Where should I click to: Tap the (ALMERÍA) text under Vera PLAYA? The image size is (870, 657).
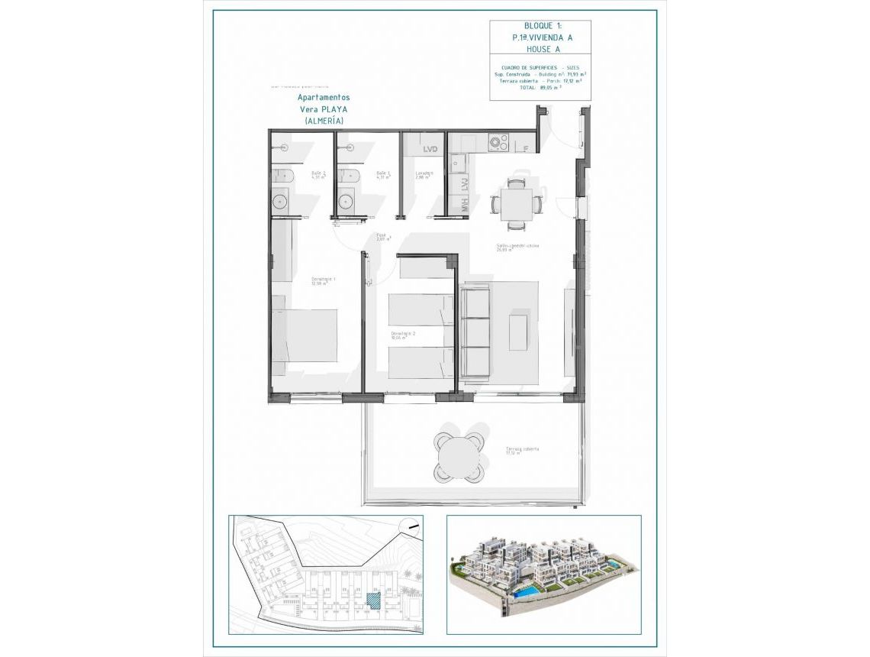click(x=324, y=121)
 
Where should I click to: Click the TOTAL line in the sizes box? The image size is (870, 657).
click(x=540, y=87)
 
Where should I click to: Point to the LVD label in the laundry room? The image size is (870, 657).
click(x=430, y=149)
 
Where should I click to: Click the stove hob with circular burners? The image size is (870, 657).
click(x=499, y=142)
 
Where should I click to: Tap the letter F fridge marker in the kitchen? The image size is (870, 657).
click(x=526, y=148)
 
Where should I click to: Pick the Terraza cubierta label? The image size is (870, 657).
click(x=522, y=450)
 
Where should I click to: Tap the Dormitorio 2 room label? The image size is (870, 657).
click(x=403, y=335)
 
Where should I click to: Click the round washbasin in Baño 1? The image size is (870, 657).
click(x=346, y=201)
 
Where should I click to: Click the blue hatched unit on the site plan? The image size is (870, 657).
click(x=374, y=600)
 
